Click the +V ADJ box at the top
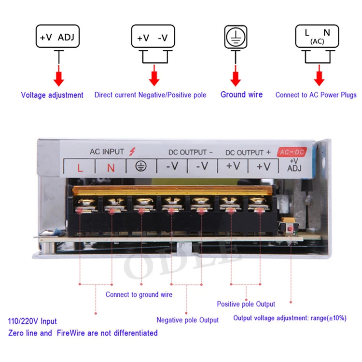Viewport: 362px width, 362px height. pos(57,37)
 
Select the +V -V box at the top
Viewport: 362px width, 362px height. pos(153,37)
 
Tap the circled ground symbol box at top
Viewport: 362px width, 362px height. pos(236,37)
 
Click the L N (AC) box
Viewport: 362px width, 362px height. pos(317,37)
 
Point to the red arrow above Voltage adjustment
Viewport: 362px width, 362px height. pos(58,77)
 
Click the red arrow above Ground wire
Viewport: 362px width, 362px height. pos(236,77)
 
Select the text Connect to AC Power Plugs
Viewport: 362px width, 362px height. pos(316,95)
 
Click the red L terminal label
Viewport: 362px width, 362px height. pos(80,167)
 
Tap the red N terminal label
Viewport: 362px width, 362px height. pos(111,167)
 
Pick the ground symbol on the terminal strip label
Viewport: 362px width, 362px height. pos(141,167)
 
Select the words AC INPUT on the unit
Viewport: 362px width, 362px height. pos(107,152)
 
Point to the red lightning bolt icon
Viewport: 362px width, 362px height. pos(133,152)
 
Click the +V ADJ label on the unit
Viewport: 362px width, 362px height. pos(294,165)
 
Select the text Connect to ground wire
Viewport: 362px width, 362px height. pos(139,294)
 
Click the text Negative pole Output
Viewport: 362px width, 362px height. pos(187,320)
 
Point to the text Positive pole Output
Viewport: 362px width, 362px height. pos(246,304)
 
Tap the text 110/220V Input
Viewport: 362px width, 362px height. pos(32,321)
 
